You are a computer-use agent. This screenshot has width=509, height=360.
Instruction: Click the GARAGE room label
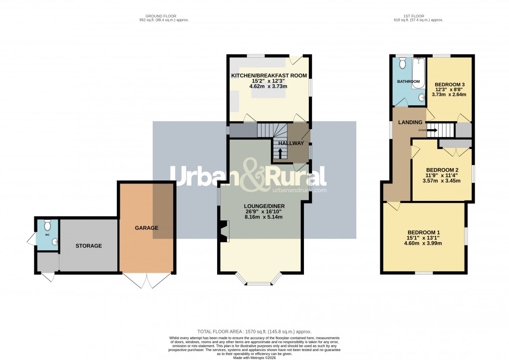pos(146,228)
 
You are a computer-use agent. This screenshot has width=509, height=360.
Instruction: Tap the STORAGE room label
pos(89,246)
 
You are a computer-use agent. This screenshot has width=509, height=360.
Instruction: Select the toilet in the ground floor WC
pos(47,224)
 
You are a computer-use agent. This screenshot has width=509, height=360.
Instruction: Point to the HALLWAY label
pos(291,144)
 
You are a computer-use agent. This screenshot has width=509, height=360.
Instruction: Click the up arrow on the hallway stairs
pos(279,152)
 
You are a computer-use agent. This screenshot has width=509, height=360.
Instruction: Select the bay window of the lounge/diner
pos(259,282)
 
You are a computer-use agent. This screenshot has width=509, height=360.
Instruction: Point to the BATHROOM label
pos(409,81)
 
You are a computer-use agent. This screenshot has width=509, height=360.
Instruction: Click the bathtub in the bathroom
pos(417,74)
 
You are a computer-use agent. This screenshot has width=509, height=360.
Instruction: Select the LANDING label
pos(410,123)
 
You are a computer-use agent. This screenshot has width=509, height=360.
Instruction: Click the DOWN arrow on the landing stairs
pos(429,131)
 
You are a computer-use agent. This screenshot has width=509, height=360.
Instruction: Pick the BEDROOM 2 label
pos(442,170)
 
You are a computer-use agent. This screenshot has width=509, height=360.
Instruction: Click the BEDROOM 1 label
pos(424,232)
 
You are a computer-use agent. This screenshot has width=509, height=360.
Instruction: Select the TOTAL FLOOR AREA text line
pos(254,331)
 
